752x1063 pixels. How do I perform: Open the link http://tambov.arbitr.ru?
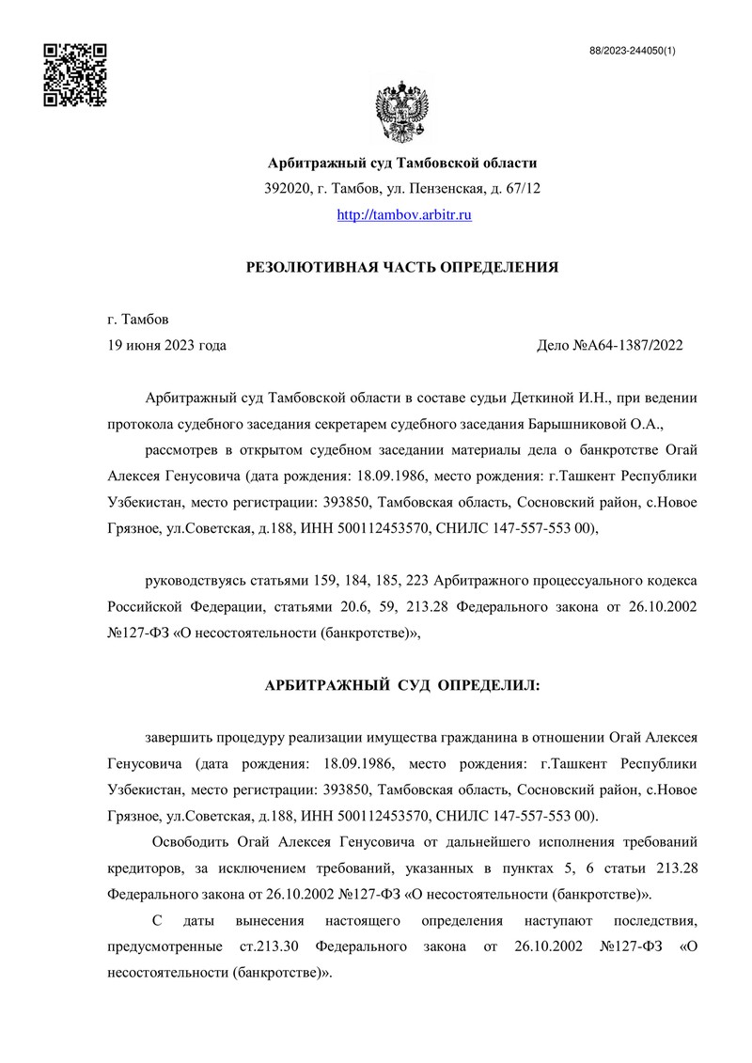403,215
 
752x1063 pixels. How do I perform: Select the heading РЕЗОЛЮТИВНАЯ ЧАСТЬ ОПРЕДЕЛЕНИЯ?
402,268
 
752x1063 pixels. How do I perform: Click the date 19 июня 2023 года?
167,345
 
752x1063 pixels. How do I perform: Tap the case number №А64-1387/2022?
627,345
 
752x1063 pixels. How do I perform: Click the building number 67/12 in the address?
523,189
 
